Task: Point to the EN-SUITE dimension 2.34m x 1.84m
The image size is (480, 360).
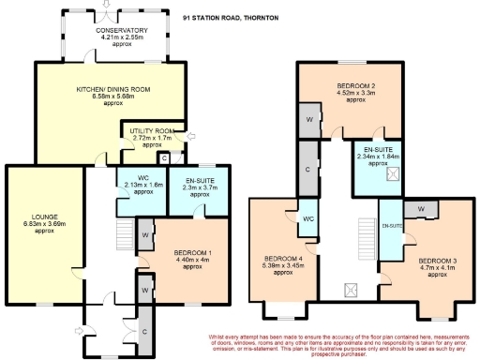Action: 377,157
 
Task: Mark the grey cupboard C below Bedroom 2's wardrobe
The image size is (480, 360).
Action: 308,169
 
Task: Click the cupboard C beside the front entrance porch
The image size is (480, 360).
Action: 144,332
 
